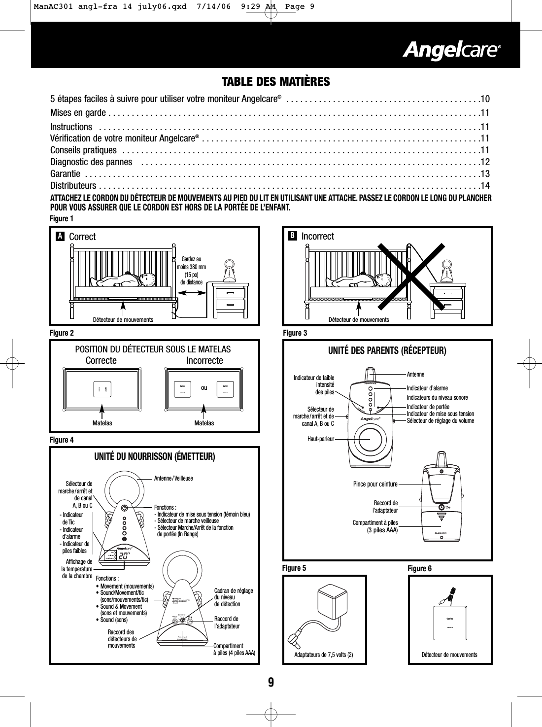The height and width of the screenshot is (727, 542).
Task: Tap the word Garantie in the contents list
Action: pos(66,174)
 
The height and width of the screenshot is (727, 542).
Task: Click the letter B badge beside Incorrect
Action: pos(292,236)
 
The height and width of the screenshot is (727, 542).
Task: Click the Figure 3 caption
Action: pos(295,334)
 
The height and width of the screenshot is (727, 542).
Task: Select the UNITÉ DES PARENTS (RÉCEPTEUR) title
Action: pos(387,351)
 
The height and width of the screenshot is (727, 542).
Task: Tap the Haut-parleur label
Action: pos(320,439)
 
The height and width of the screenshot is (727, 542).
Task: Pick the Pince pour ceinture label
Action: pos(375,485)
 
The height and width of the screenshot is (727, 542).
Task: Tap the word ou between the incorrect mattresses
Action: pos(204,388)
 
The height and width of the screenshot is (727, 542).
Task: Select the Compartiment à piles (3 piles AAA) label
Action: pos(375,526)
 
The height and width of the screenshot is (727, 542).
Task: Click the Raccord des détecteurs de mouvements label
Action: pos(122,638)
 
